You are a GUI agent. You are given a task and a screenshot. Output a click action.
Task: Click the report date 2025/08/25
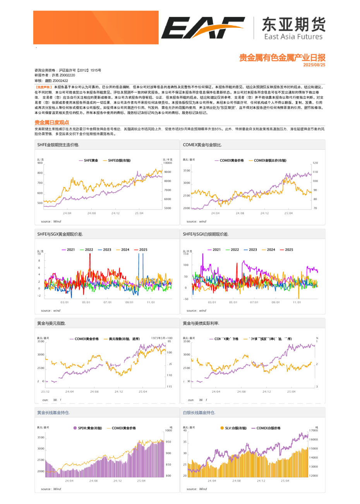click(x=314, y=65)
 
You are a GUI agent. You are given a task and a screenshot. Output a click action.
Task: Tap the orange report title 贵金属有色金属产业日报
click(x=282, y=58)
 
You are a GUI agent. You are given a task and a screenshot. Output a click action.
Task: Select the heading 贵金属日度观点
click(x=52, y=122)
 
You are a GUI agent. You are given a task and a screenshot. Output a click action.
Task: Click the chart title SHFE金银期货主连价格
click(x=58, y=145)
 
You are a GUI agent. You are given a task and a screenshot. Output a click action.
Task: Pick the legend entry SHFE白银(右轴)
click(x=119, y=160)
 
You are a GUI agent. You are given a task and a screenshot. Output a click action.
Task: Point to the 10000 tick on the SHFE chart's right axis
click(x=168, y=163)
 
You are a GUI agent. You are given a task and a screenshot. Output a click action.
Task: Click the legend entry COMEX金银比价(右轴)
click(x=270, y=160)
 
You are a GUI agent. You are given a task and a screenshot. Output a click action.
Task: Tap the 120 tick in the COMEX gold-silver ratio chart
click(x=315, y=163)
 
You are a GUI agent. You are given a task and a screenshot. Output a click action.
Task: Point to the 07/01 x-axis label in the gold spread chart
click(x=108, y=302)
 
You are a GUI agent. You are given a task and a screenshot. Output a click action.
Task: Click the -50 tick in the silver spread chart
click(x=186, y=299)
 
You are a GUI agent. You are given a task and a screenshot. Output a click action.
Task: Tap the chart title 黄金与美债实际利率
click(x=201, y=323)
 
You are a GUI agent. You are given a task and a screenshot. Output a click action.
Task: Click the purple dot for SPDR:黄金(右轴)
click(x=75, y=428)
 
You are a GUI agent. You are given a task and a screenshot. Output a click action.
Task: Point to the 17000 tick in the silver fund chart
click(x=313, y=431)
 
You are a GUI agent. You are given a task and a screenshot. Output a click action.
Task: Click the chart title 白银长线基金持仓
click(x=199, y=413)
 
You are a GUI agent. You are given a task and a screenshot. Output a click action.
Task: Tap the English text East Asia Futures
click(x=293, y=37)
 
